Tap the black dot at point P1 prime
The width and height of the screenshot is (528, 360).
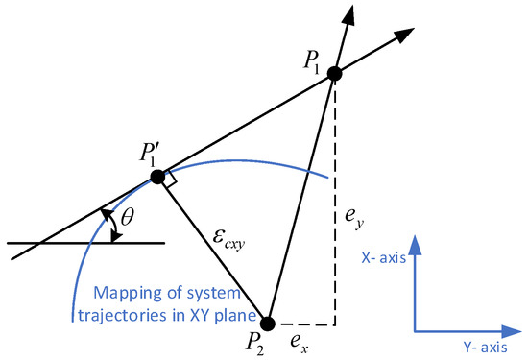pyautogui.click(x=158, y=177)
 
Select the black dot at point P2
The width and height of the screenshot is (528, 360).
pyautogui.click(x=268, y=323)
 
